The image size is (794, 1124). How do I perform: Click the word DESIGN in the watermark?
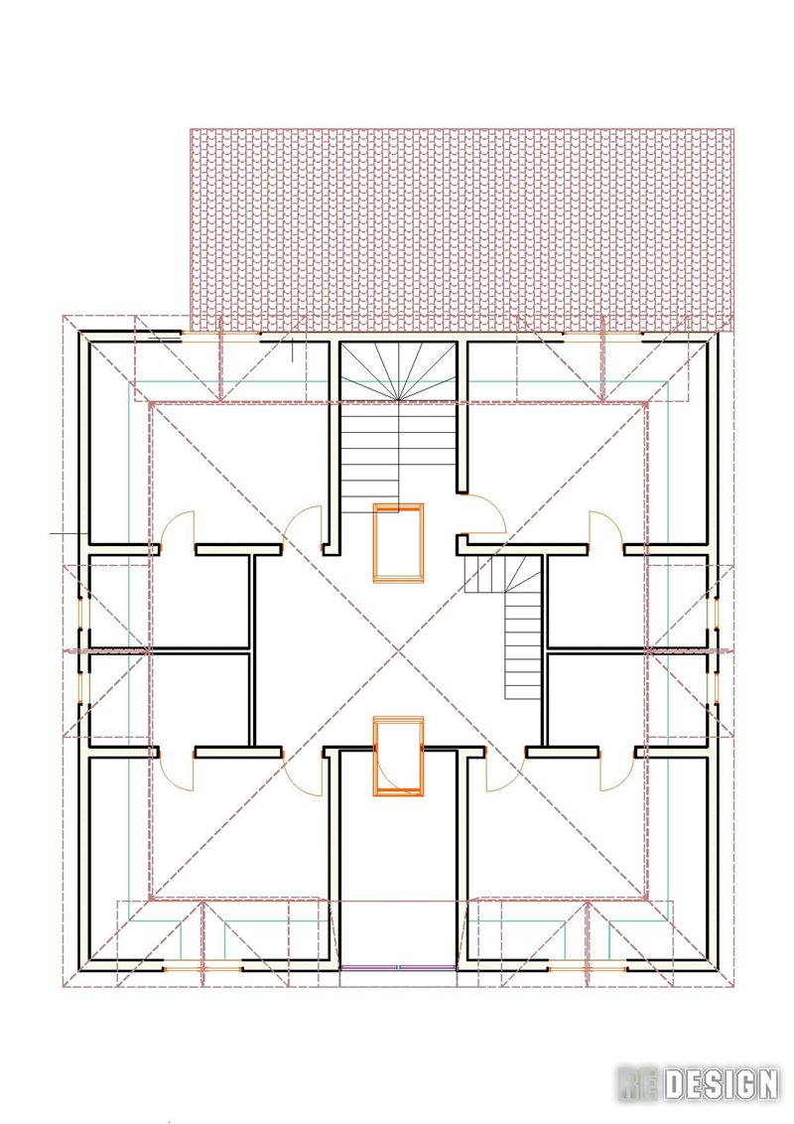[x=721, y=1084]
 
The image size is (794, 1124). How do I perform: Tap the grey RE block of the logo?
[x=638, y=1084]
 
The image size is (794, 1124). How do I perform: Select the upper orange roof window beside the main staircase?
[x=398, y=542]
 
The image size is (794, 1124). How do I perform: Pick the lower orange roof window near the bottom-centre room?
[x=398, y=756]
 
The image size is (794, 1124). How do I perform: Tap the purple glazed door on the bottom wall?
[x=398, y=967]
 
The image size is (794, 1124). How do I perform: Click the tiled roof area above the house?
[x=463, y=229]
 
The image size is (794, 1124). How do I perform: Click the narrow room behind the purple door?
[x=398, y=860]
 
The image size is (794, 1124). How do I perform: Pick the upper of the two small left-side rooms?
[x=169, y=602]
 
